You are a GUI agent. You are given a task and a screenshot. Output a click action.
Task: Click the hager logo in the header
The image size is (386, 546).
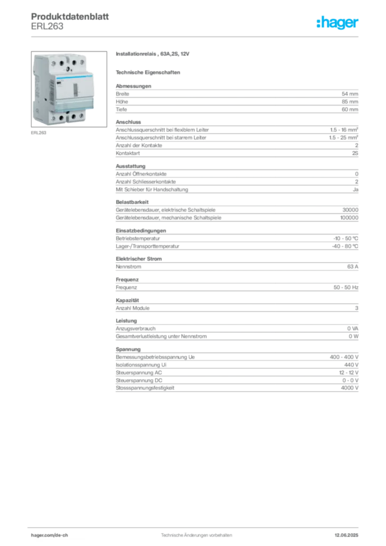337,22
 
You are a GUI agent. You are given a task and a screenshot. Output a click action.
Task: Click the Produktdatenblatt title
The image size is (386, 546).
70,17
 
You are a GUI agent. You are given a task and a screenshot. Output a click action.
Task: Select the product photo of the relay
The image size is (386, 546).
69,89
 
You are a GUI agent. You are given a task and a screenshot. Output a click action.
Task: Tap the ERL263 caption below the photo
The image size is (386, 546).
38,133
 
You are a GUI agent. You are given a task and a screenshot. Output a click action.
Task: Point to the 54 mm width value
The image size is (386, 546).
350,94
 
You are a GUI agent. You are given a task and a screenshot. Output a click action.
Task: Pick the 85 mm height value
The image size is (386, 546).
350,102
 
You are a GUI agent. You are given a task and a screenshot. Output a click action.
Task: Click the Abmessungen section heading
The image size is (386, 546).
134,86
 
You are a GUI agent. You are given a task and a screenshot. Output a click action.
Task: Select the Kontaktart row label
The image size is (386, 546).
128,153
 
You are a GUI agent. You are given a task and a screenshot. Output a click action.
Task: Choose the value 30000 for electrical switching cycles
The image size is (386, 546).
350,210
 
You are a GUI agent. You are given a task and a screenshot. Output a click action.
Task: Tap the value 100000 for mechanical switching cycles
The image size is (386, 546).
349,218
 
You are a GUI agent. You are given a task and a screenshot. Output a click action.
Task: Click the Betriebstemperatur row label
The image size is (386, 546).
138,238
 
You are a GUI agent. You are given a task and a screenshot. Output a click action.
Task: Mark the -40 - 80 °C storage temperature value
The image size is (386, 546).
345,246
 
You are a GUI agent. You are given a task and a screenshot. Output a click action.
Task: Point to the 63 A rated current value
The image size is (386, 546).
352,267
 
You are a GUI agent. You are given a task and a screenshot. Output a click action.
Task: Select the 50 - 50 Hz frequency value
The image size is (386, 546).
346,287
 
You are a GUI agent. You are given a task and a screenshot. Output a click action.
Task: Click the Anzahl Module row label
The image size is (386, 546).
133,308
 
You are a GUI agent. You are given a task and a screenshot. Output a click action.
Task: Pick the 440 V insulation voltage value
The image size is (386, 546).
351,365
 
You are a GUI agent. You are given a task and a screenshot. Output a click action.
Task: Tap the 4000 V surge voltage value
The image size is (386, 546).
349,388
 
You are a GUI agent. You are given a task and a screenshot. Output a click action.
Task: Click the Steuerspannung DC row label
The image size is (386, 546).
139,381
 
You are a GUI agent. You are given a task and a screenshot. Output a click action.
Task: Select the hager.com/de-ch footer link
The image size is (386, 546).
50,535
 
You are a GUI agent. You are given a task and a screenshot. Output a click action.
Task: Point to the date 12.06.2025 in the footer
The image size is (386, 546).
347,535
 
